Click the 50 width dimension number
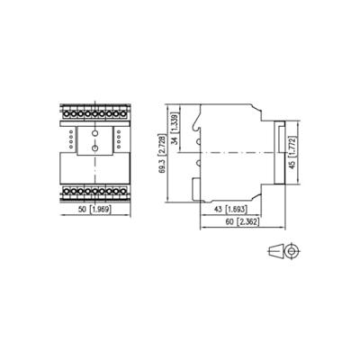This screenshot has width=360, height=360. (82, 210)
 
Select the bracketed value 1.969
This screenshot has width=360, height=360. (101, 210)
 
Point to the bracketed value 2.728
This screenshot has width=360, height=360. (163, 146)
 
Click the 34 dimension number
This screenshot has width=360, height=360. (175, 139)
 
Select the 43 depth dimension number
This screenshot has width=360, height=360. (220, 209)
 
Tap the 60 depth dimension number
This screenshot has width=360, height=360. (229, 222)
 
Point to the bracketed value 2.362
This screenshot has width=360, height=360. (247, 222)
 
